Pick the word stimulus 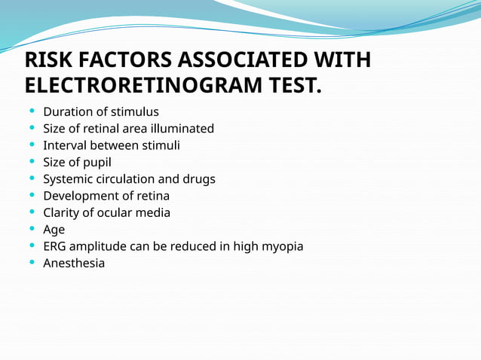(134, 112)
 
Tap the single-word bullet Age (54, 230)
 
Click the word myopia (283, 246)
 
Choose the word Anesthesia (74, 263)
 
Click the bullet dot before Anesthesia (31, 263)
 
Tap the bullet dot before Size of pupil (31, 162)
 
